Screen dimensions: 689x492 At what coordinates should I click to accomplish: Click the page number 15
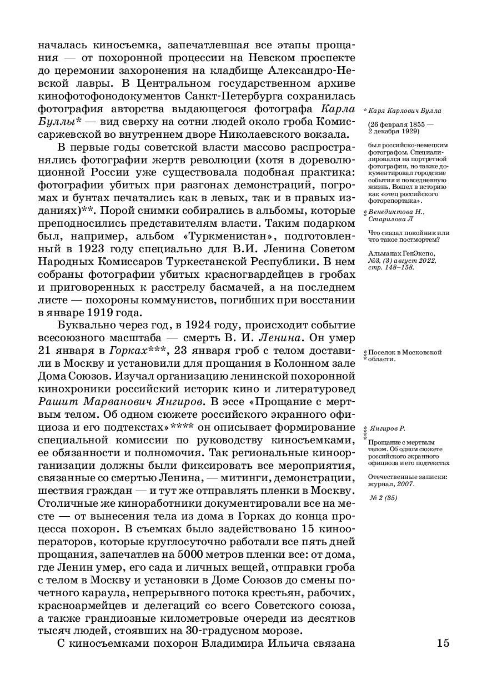[443, 643]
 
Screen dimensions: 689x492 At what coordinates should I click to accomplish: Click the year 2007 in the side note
[406, 483]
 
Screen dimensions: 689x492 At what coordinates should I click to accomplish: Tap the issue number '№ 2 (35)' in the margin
[384, 497]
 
